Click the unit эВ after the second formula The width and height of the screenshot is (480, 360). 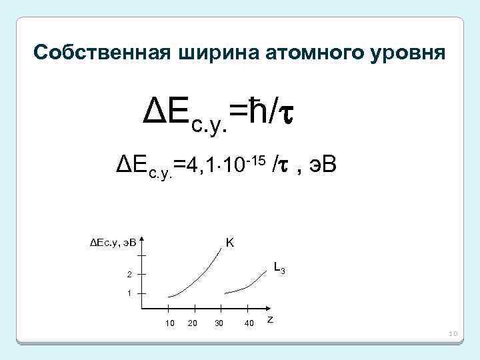coord(323,163)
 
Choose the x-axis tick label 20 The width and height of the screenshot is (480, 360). coord(193,324)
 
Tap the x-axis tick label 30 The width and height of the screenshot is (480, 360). coord(219,324)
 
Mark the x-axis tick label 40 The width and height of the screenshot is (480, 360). coord(249,324)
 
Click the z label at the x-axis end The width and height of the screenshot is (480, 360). coord(269,320)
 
